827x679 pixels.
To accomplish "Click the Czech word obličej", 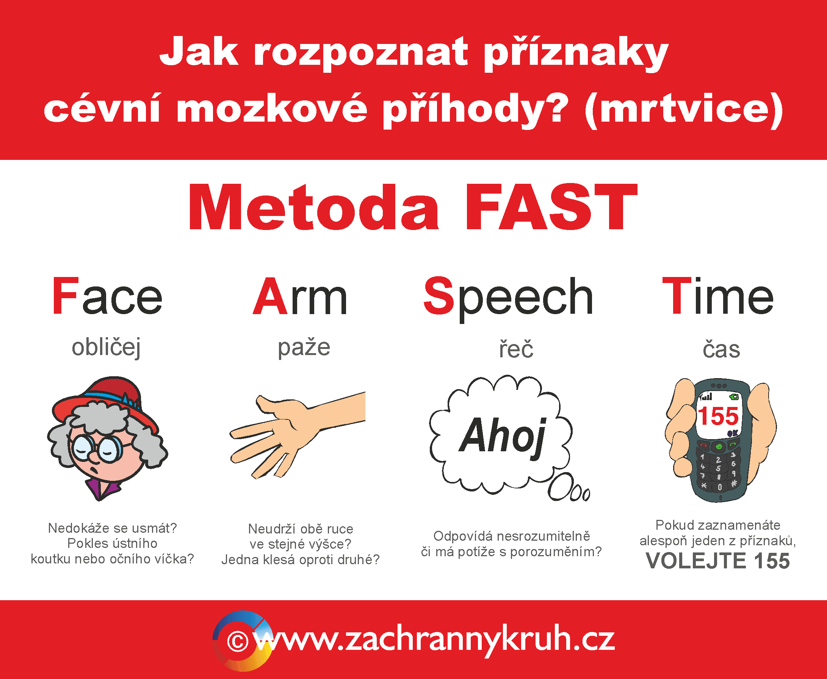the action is pos(106,347).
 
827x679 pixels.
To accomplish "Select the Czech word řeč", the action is pos(516,349).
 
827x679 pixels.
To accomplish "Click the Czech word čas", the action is pos(721,349).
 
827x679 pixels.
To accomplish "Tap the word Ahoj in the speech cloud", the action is pos(503,436).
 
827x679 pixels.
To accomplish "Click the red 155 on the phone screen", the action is pos(718,416).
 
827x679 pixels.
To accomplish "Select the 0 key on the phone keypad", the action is pos(719,487).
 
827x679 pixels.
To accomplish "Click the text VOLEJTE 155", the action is pos(718,560).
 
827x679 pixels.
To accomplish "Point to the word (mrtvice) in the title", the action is pos(684,110).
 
